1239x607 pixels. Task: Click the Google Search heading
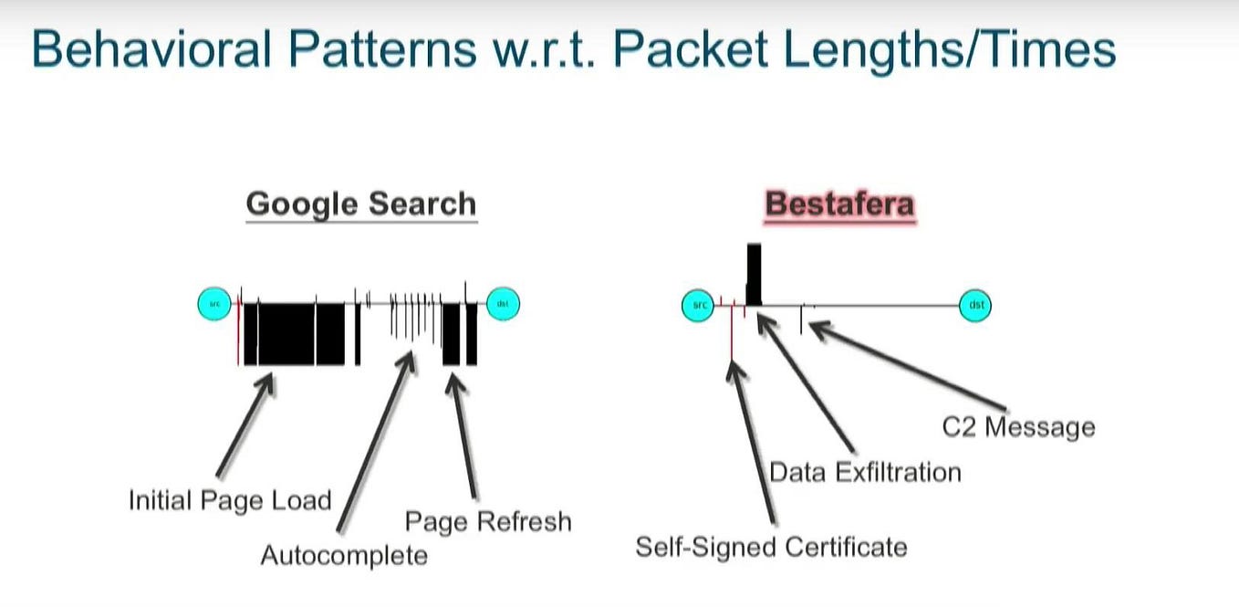click(x=360, y=203)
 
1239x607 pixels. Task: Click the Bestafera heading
click(x=838, y=203)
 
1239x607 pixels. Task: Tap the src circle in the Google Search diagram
click(x=214, y=304)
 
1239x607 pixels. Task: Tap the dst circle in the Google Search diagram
click(x=502, y=304)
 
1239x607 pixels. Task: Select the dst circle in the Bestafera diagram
click(x=974, y=305)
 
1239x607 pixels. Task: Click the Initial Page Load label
click(x=229, y=500)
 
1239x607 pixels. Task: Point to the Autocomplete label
click(x=344, y=555)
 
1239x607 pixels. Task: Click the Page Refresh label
click(x=488, y=521)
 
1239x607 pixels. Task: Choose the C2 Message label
click(x=1018, y=426)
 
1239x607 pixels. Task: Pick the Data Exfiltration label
click(x=865, y=472)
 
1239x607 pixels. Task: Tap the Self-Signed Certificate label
click(x=771, y=547)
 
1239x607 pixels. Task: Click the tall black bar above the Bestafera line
click(x=753, y=274)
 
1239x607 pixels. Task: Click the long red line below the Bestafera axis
click(x=733, y=333)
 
